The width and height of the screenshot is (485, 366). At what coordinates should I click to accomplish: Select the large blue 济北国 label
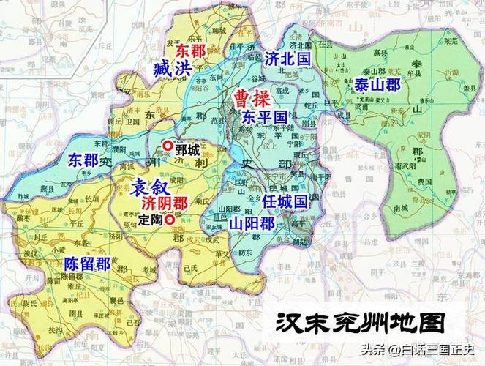(x=287, y=58)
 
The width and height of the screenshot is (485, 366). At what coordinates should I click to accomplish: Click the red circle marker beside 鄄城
(x=168, y=146)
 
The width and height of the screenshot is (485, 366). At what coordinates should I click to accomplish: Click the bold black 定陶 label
(x=149, y=219)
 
